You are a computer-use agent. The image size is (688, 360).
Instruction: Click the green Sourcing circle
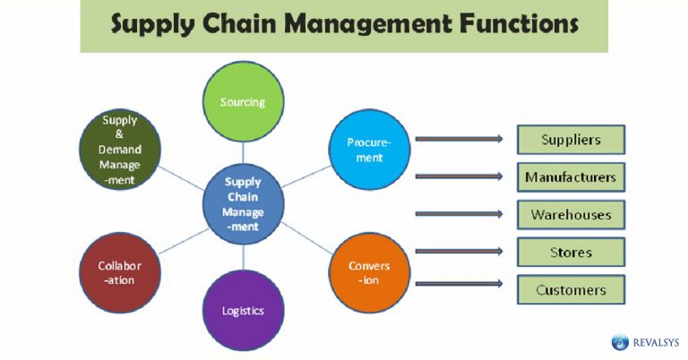point(243,101)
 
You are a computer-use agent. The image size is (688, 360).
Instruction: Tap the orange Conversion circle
point(369,271)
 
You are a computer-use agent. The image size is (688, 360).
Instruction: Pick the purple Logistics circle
point(243,310)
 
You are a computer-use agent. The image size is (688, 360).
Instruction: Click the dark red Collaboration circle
point(120,272)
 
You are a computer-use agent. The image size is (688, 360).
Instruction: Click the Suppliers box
point(571,140)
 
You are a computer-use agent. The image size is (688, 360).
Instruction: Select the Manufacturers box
point(571,177)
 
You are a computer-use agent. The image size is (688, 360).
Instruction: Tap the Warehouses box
point(571,215)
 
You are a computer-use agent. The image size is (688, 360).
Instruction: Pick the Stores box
point(571,252)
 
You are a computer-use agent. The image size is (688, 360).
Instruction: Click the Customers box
point(571,289)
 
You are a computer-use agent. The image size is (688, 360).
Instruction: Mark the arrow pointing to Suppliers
point(459,140)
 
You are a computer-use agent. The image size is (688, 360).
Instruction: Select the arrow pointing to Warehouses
point(459,214)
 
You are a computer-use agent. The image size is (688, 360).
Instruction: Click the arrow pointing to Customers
point(459,284)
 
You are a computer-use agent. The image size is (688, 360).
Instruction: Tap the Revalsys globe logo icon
point(620,341)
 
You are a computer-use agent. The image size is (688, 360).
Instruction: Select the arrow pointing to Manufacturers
point(459,176)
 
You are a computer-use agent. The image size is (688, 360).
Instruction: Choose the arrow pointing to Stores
point(459,252)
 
